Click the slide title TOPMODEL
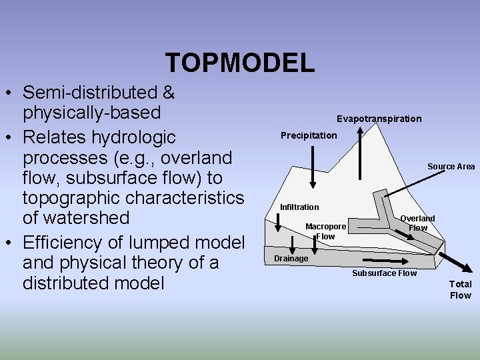point(239,63)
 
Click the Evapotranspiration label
point(379,119)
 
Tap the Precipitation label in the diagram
point(309,135)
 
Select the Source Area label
point(451,167)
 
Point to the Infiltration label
point(299,207)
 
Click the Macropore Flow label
point(325,231)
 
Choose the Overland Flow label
point(417,223)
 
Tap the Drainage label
point(291,259)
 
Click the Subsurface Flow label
point(384,273)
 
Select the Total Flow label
point(460,289)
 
